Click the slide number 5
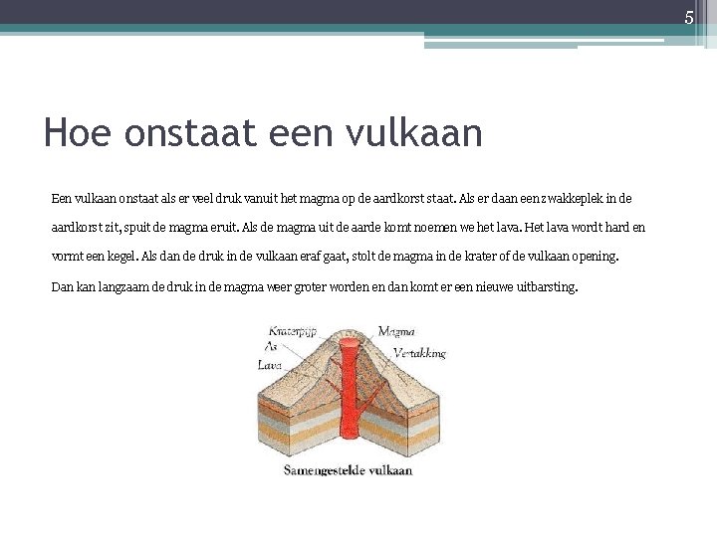(687, 17)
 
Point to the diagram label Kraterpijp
(291, 330)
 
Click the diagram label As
(271, 346)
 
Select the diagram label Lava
(270, 365)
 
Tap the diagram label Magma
(396, 331)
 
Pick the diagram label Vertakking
(419, 353)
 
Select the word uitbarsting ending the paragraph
(544, 287)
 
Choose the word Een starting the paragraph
(62, 199)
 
